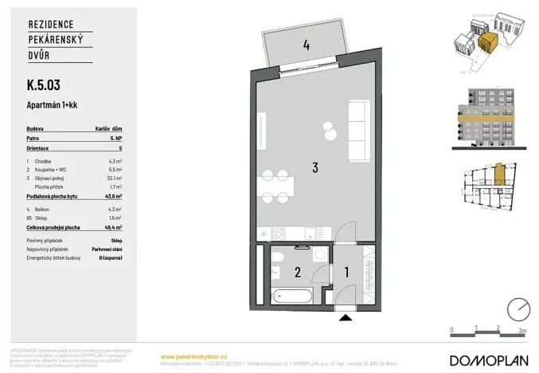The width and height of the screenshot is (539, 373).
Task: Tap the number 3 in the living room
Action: (315, 168)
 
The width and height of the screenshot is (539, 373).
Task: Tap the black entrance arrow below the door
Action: (346, 318)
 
